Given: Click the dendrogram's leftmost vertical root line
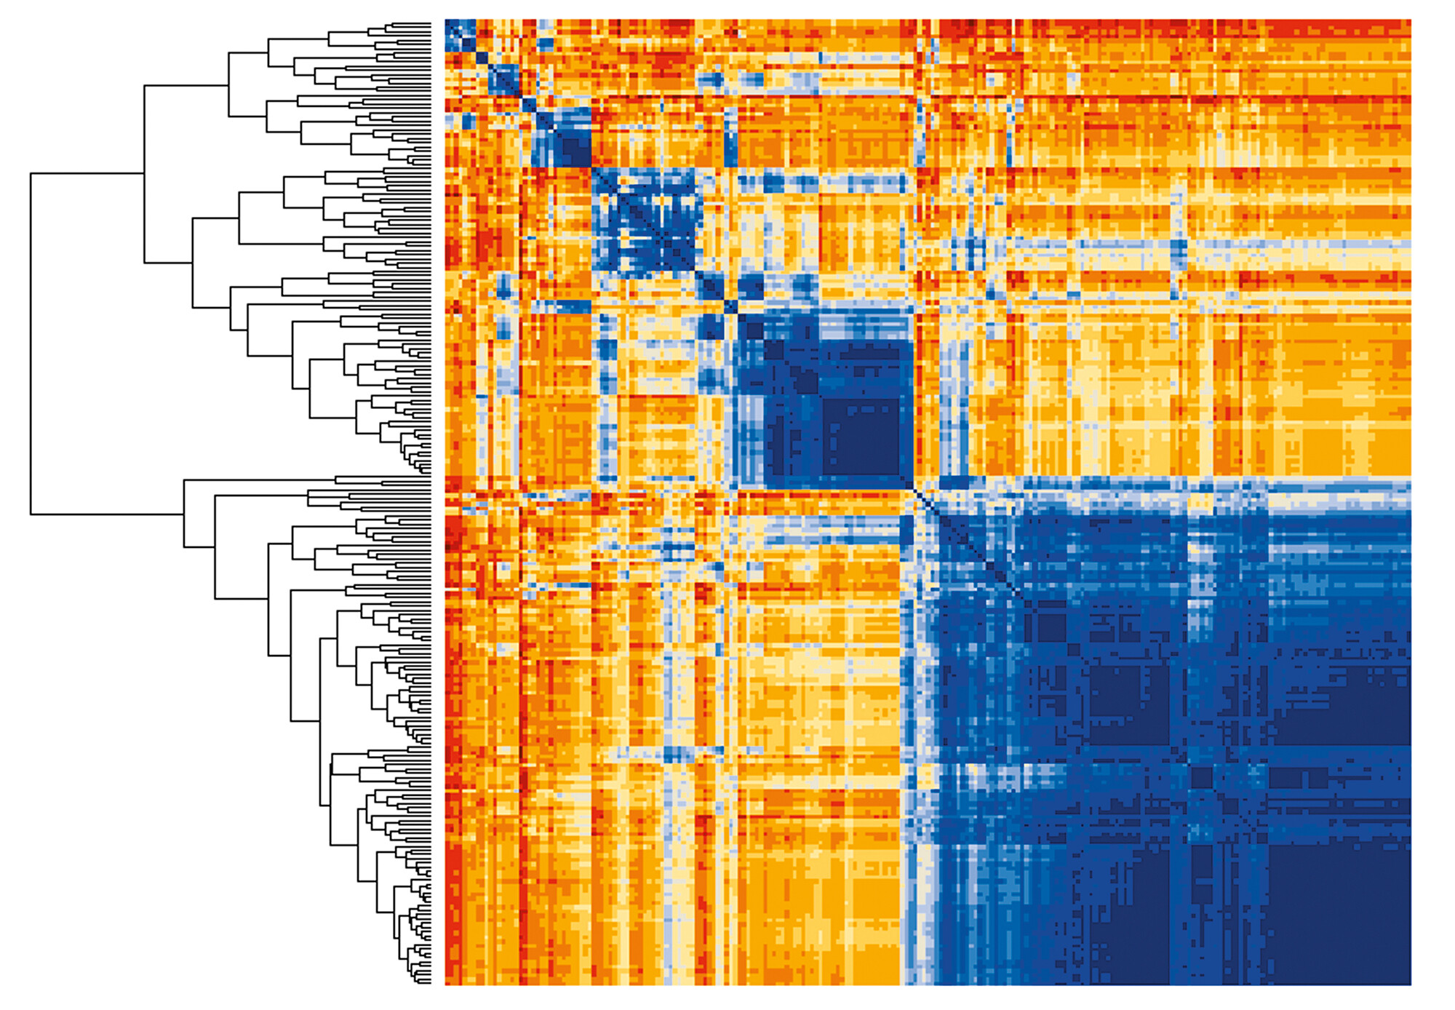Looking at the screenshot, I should (x=31, y=342).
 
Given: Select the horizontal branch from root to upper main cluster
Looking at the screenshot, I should (x=87, y=174).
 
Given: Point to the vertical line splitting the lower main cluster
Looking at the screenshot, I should (x=184, y=513).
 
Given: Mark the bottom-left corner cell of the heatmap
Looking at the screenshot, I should (x=448, y=982).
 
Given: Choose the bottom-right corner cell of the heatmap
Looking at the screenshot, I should (x=1408, y=982).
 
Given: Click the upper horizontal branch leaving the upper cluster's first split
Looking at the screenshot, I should (x=186, y=85).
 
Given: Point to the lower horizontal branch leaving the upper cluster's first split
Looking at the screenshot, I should (x=168, y=263).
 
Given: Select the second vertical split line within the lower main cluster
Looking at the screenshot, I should (x=215, y=546).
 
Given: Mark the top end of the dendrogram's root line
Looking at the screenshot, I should (x=31, y=175).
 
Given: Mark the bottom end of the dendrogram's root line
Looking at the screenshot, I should (x=31, y=514).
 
